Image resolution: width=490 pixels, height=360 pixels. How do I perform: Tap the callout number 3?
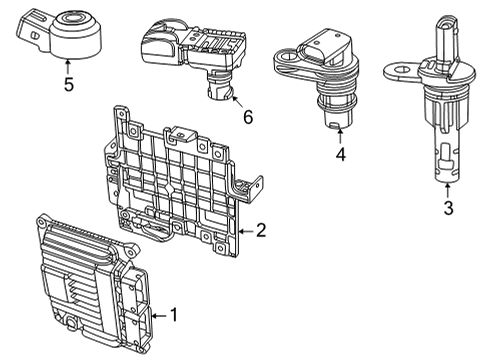(x=448, y=207)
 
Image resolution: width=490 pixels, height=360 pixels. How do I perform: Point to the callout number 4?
(x=340, y=155)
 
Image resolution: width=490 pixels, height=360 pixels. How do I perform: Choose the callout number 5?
(x=68, y=84)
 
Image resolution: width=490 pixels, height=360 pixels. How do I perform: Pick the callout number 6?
(x=246, y=117)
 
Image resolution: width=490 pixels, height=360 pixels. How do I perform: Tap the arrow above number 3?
(x=447, y=188)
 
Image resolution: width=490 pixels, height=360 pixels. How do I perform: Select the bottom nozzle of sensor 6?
(x=216, y=92)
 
